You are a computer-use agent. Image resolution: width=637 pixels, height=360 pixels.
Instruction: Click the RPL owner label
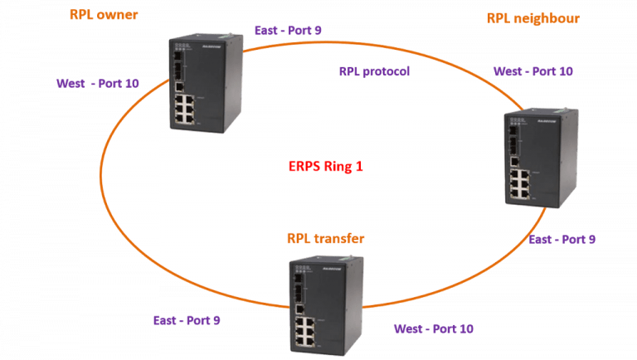tap(104, 16)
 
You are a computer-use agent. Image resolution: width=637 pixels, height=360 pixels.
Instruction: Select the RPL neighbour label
tap(532, 17)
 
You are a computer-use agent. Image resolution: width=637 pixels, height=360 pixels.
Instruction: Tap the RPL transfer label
tap(326, 239)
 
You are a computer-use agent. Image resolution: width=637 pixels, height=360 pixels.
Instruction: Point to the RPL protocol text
tap(374, 71)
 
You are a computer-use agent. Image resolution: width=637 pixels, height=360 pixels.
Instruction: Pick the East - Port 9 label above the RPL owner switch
tap(287, 31)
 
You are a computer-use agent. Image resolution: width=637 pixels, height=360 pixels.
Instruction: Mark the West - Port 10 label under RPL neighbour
tap(532, 71)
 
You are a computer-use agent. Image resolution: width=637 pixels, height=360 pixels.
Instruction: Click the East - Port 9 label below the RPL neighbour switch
tap(562, 239)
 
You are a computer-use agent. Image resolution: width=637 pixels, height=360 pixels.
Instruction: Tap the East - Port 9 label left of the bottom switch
tap(187, 319)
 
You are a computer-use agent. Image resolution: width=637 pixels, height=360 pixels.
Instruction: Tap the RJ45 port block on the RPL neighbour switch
tap(522, 184)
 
